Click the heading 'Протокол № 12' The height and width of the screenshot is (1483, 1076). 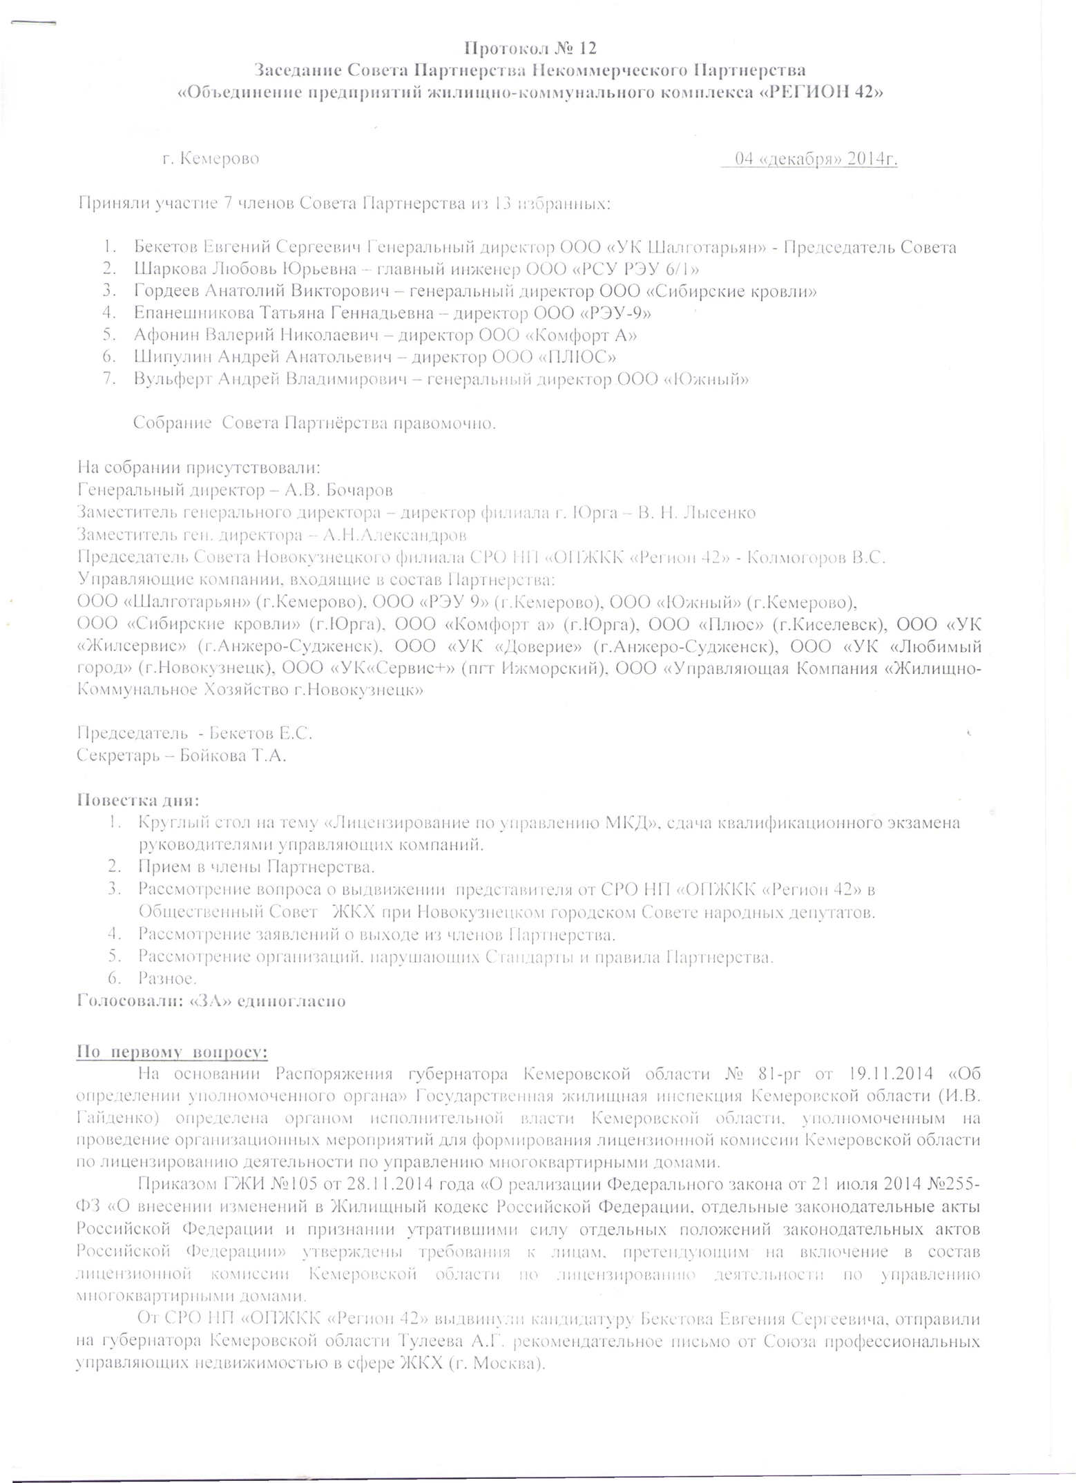pos(528,48)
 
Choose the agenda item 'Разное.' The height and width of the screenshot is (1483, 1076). pos(168,978)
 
